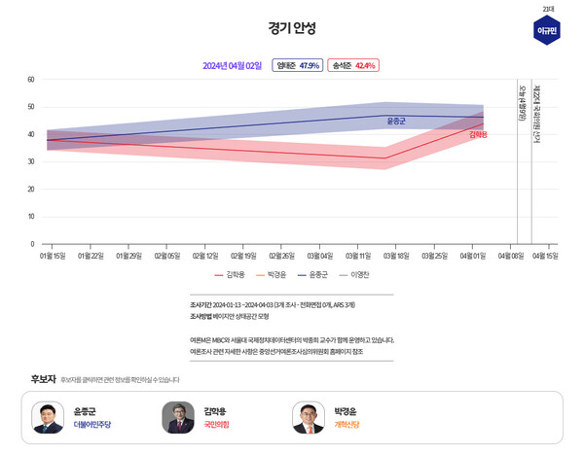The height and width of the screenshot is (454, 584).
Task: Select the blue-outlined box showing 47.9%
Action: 297,65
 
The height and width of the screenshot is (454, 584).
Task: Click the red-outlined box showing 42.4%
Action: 352,65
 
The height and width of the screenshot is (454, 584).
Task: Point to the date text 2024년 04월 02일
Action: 233,65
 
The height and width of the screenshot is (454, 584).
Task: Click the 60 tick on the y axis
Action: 31,79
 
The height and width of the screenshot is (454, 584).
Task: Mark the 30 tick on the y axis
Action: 31,161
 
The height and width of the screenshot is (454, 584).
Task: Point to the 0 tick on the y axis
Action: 32,244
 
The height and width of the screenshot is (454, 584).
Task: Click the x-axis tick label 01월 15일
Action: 53,257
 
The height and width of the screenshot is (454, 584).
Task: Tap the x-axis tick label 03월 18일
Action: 393,257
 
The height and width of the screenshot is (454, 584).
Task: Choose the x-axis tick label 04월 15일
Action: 545,257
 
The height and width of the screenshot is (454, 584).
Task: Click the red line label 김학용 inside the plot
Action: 478,134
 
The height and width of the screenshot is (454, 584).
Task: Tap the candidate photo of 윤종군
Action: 48,417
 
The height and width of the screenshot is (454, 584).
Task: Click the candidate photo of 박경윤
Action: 309,417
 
